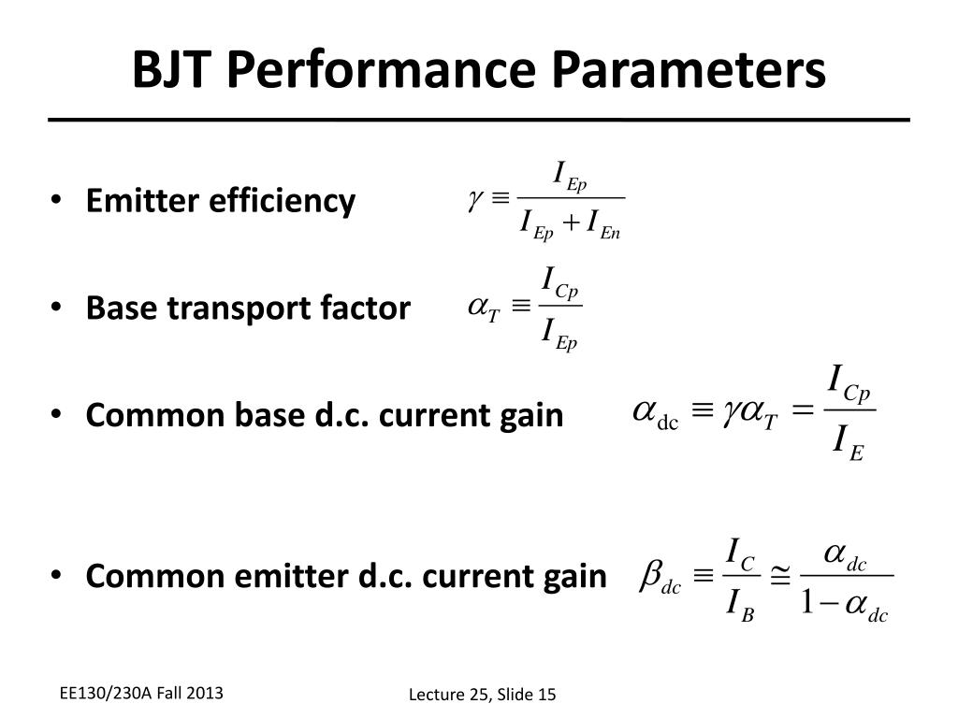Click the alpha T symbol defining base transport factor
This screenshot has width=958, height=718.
coord(485,309)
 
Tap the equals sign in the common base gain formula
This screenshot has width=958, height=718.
coord(802,412)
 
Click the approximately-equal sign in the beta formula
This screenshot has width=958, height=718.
coord(779,577)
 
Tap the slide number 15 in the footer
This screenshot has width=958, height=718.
coord(545,694)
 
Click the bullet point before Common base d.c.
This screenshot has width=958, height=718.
coord(58,415)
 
